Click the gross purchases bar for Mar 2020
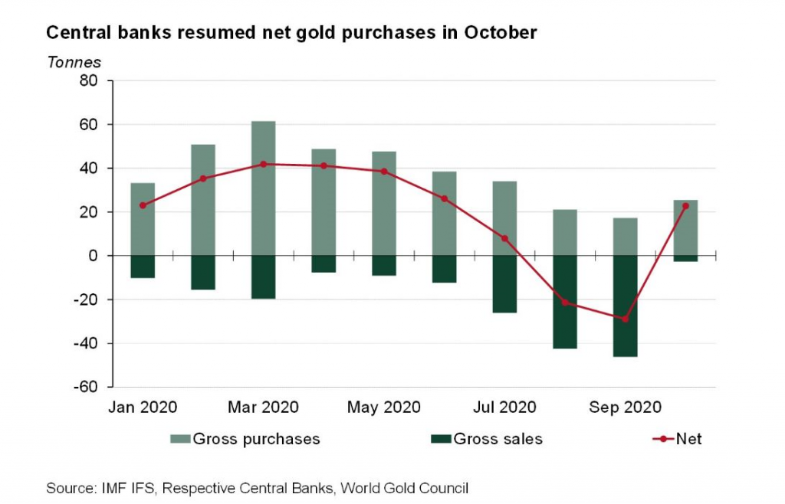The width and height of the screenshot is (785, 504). pyautogui.click(x=263, y=188)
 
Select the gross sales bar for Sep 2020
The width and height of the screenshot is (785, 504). pyautogui.click(x=625, y=306)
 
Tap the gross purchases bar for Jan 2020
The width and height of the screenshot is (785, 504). pyautogui.click(x=143, y=219)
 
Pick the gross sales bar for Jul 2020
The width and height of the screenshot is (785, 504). pyautogui.click(x=504, y=284)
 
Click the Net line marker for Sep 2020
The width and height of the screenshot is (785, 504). pyautogui.click(x=625, y=319)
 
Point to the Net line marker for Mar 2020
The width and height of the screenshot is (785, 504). pyautogui.click(x=263, y=164)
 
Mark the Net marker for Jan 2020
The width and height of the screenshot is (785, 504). pyautogui.click(x=143, y=205)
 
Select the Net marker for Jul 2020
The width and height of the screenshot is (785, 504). pyautogui.click(x=504, y=238)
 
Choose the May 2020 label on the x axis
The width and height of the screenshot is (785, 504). pyautogui.click(x=383, y=407)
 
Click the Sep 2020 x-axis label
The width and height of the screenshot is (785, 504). pyautogui.click(x=625, y=407)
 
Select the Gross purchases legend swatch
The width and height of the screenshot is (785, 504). pyautogui.click(x=179, y=440)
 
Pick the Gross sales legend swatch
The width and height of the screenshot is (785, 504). pyautogui.click(x=440, y=440)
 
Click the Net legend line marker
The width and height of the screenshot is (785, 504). pyautogui.click(x=662, y=440)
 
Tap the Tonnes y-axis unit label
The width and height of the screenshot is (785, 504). pyautogui.click(x=74, y=62)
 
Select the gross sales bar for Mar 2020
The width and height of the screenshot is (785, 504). pyautogui.click(x=263, y=277)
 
